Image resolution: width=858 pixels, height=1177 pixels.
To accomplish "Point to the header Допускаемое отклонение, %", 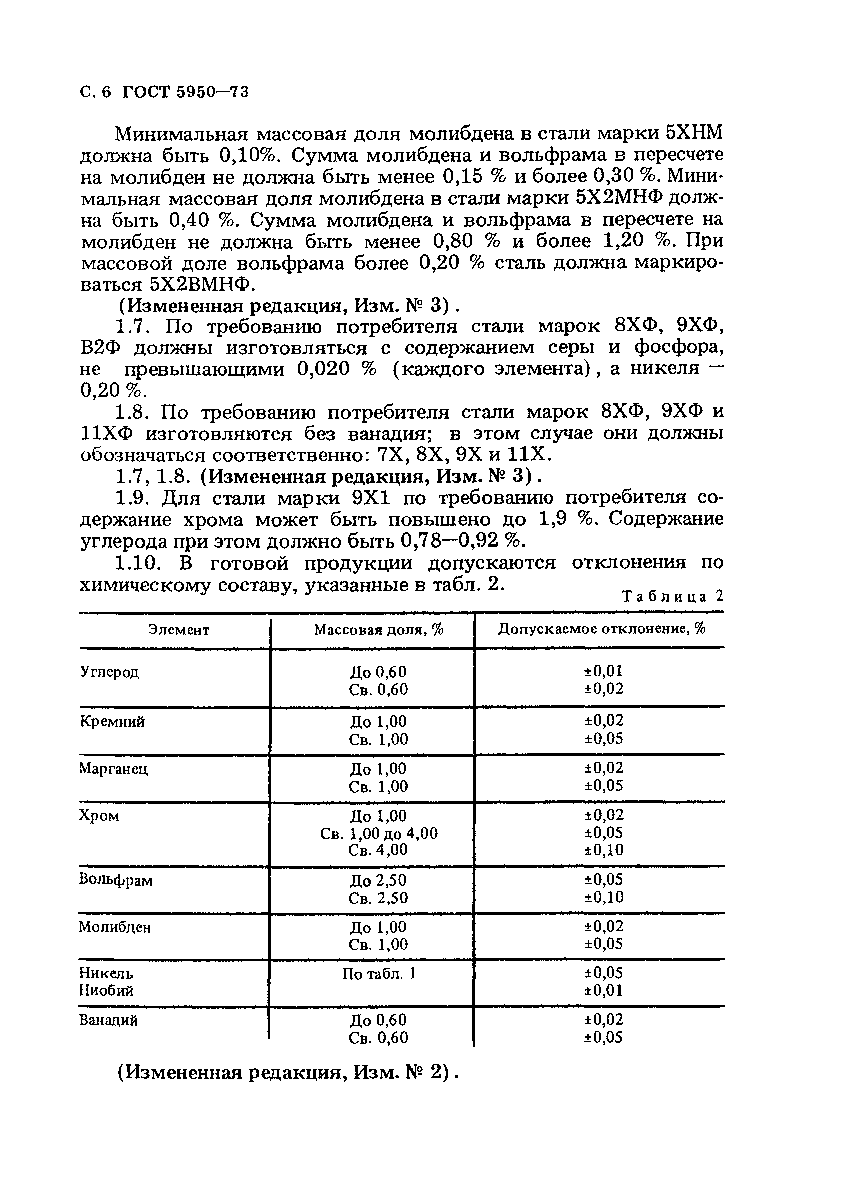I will click(x=602, y=629).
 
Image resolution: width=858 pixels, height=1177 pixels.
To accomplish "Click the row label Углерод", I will click(x=110, y=672).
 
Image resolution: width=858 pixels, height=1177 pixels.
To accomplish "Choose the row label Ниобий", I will click(x=106, y=991).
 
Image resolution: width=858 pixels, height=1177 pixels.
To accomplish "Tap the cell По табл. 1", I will click(x=379, y=973).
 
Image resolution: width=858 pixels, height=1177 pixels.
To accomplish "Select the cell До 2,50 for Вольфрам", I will click(x=379, y=880).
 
